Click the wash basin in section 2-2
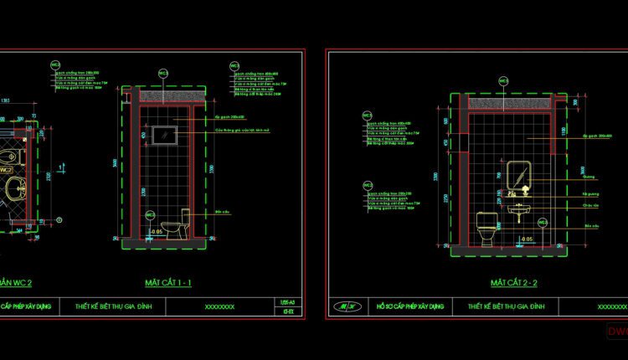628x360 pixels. coord(520,211)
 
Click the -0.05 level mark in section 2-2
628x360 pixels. coord(526,240)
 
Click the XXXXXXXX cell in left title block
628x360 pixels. coord(219,307)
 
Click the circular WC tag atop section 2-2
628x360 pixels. coord(503,81)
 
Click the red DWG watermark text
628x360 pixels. coord(617,332)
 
